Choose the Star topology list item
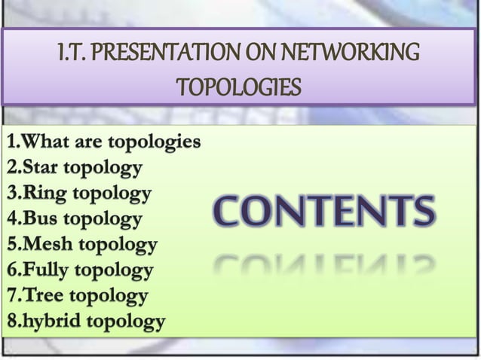tap(74, 167)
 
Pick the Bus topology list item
tap(74, 220)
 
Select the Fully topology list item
tap(79, 270)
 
